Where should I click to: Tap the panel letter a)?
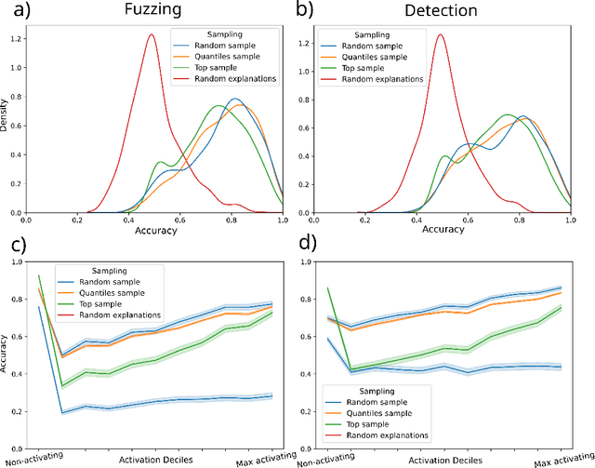tap(16, 12)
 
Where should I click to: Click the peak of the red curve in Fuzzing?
tap(151, 34)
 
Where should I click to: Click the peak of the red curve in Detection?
tap(440, 35)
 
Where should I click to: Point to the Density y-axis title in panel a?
tap(7, 122)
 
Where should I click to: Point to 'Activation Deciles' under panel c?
tap(154, 459)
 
